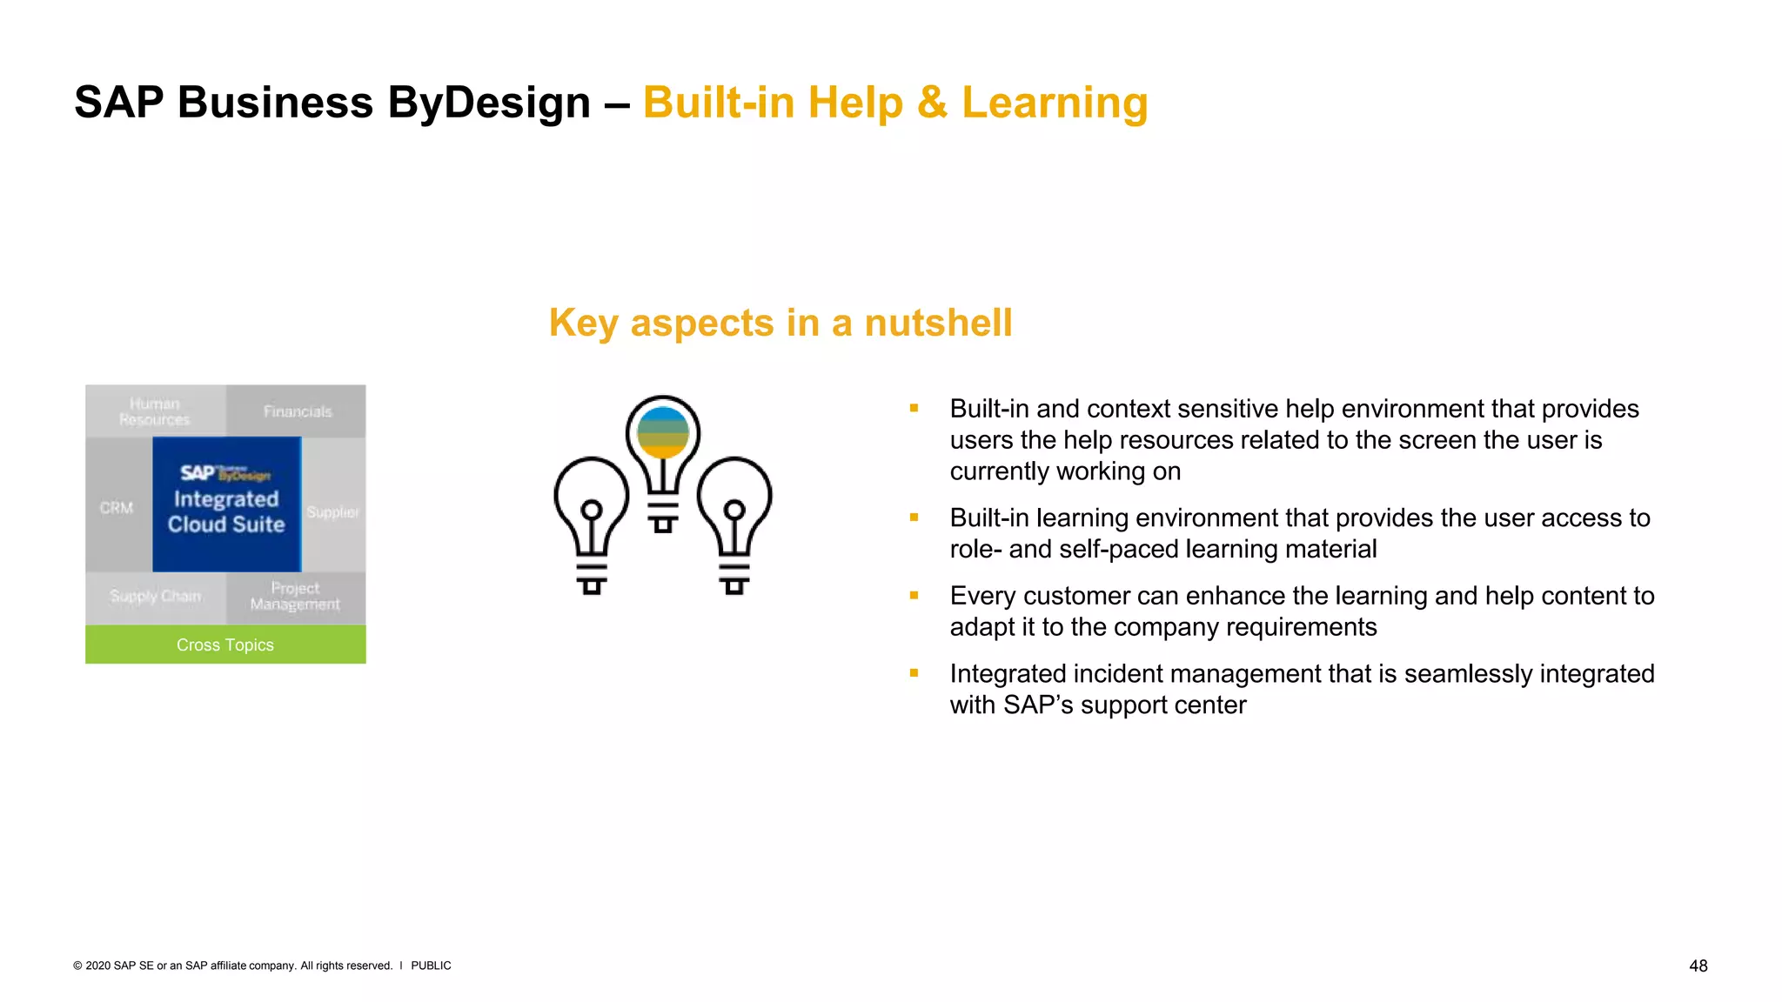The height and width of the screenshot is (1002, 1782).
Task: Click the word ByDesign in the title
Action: click(x=488, y=103)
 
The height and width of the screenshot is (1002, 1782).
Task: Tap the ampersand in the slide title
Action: click(x=932, y=103)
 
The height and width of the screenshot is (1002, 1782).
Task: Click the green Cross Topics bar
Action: click(x=225, y=645)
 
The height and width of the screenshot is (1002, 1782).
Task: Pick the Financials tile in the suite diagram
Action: click(x=298, y=411)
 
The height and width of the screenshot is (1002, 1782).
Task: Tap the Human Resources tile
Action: click(x=155, y=411)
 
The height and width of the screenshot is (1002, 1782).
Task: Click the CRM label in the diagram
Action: click(x=117, y=507)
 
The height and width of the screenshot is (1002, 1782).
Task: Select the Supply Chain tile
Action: click(x=155, y=597)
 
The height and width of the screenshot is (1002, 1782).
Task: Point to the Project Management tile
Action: click(x=295, y=597)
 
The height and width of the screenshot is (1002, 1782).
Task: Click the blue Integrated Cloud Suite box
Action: click(x=226, y=504)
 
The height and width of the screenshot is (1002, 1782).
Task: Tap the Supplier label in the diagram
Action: click(x=332, y=512)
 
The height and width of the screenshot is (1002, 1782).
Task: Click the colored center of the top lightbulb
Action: click(x=663, y=432)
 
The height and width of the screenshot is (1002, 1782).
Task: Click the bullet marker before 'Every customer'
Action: click(x=914, y=596)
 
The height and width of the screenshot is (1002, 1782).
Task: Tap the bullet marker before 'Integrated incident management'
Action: click(x=914, y=673)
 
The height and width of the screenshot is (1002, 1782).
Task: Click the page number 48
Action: click(x=1698, y=965)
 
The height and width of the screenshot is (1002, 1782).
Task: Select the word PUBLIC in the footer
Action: click(x=431, y=965)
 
